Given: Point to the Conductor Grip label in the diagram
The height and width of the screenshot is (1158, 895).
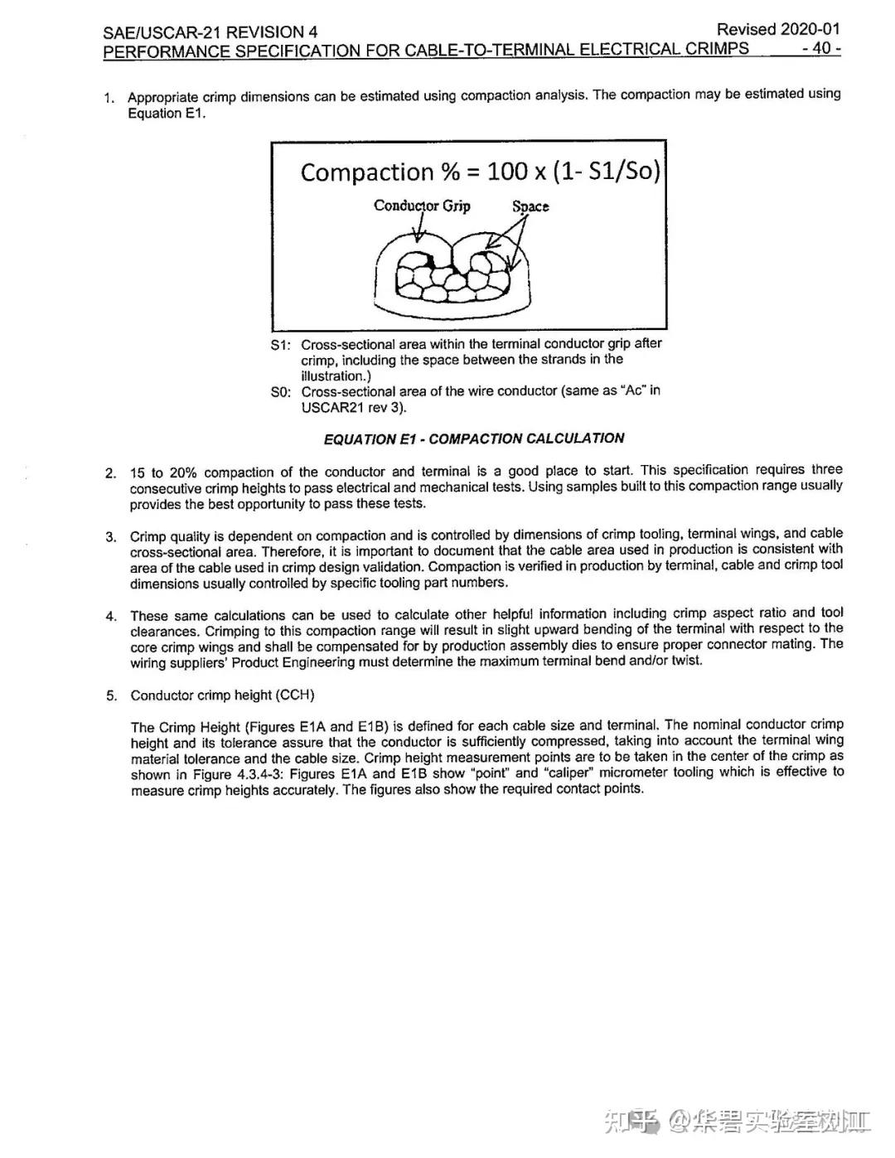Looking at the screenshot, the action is [x=422, y=206].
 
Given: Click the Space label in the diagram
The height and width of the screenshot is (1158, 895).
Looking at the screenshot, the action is [x=530, y=206].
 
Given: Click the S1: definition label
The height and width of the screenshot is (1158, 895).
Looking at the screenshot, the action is [x=280, y=345].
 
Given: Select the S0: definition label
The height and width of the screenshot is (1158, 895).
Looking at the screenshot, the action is [x=281, y=391].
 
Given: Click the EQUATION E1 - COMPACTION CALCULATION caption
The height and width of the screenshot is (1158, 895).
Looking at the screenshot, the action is [x=473, y=438].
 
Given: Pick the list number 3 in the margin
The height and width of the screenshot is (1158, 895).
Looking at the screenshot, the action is [x=110, y=536].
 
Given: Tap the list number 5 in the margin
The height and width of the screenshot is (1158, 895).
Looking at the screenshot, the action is [x=111, y=695].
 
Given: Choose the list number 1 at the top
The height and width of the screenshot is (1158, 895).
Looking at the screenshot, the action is [x=109, y=99].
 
